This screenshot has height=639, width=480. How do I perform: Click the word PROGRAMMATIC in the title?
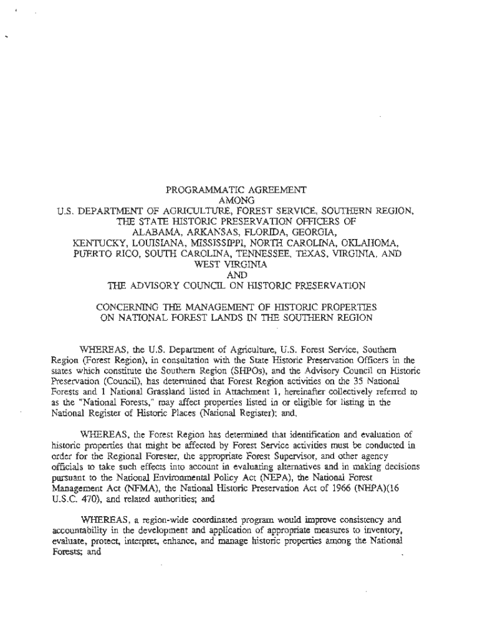[193, 189]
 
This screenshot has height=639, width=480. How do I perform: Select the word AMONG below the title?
[239, 200]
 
